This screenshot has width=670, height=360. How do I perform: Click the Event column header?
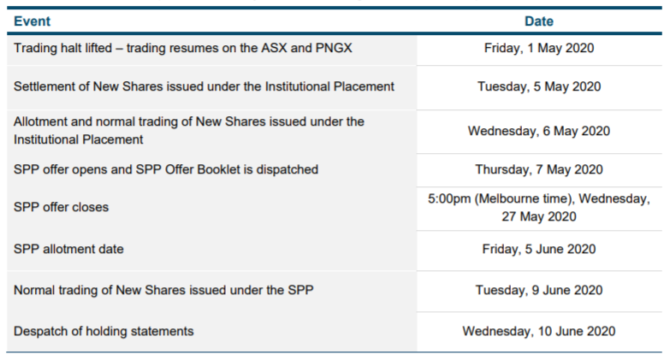(x=32, y=21)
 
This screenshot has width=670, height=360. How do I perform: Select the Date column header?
(x=539, y=21)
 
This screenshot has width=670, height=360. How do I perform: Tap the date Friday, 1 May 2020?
(x=539, y=48)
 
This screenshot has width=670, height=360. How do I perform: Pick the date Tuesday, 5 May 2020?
(x=539, y=86)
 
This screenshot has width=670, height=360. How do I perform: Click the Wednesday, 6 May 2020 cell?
(x=539, y=131)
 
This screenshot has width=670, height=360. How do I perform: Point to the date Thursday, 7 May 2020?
(x=539, y=169)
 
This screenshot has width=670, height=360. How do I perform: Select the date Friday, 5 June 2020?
(x=539, y=249)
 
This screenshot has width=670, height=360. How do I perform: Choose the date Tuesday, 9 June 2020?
(x=539, y=291)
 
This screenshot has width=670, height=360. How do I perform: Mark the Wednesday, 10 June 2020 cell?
(x=539, y=332)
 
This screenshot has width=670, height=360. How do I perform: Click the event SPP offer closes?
(x=61, y=207)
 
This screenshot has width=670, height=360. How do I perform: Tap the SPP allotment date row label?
(x=68, y=249)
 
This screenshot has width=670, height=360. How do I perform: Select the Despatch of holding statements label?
(x=104, y=332)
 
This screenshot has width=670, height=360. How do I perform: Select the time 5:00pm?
(x=449, y=198)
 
